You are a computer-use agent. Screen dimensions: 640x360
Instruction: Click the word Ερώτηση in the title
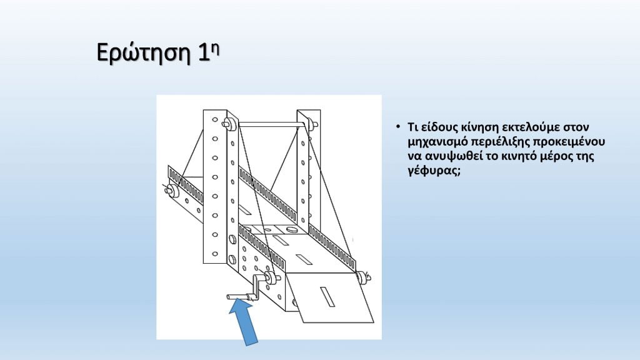pyautogui.click(x=144, y=52)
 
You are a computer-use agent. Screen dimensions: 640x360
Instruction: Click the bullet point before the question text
pyautogui.click(x=398, y=127)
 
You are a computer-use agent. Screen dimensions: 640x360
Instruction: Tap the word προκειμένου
pyautogui.click(x=569, y=142)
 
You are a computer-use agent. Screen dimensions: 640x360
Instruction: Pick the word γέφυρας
pyautogui.click(x=434, y=171)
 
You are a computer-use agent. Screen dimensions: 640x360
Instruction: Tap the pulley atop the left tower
pyautogui.click(x=230, y=124)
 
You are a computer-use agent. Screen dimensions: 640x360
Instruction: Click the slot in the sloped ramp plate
pyautogui.click(x=327, y=296)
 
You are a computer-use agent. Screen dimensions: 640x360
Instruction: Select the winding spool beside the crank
pyautogui.click(x=271, y=277)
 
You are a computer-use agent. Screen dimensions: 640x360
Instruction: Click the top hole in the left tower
pyautogui.click(x=215, y=119)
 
